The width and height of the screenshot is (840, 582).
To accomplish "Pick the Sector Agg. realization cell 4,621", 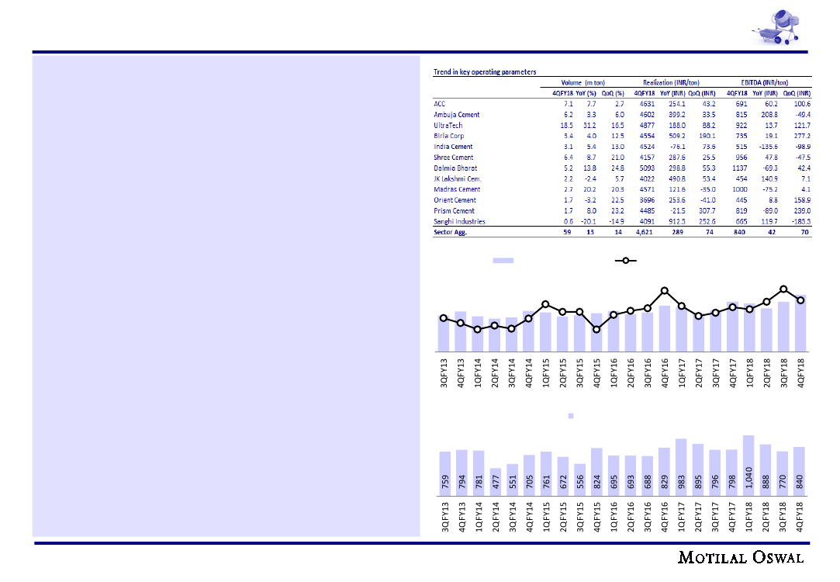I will [x=647, y=232].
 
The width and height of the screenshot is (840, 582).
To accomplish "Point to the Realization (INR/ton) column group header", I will [x=671, y=82].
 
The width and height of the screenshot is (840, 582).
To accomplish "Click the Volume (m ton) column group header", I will [x=583, y=82].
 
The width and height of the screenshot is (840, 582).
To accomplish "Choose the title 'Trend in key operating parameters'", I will [x=484, y=72].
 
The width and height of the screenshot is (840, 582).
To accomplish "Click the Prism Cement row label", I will [x=454, y=210].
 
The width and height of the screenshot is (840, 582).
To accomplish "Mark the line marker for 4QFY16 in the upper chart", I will [x=665, y=291].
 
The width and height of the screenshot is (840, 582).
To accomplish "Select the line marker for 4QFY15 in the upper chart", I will [x=596, y=329].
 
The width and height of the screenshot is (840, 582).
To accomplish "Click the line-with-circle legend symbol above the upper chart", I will [x=625, y=261].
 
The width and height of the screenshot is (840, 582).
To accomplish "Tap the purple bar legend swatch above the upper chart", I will [x=504, y=261].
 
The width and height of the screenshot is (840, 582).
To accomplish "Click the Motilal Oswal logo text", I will [x=741, y=558].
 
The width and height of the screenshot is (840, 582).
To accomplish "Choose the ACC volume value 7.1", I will [x=568, y=104].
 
